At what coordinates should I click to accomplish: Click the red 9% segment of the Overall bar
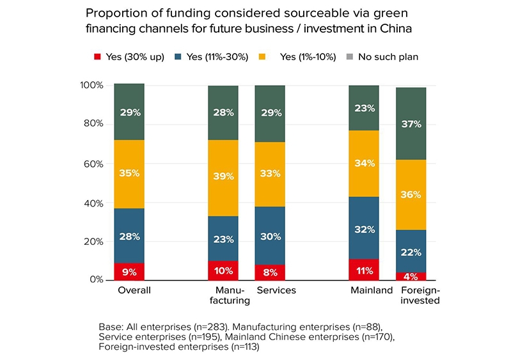point(129,272)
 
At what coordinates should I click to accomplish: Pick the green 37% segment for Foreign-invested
point(411,123)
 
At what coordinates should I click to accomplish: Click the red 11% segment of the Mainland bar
point(364,270)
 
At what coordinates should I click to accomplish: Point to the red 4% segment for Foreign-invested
point(411,276)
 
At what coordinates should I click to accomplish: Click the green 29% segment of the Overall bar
point(129,112)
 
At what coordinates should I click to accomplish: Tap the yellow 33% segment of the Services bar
point(270,174)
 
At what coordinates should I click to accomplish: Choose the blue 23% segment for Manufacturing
point(223,239)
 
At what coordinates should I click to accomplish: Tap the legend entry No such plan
point(388,57)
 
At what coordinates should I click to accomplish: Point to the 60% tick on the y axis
point(92,164)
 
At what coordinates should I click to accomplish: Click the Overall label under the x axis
point(134,290)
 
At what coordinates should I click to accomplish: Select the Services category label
point(276,290)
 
